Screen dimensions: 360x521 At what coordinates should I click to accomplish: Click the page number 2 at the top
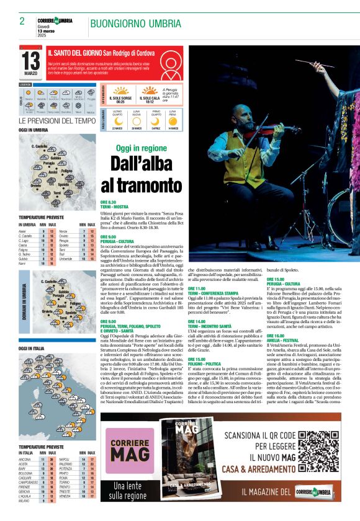22,22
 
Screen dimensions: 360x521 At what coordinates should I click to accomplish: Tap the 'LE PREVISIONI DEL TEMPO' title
57,120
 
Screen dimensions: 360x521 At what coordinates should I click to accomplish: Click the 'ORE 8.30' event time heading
109,202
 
